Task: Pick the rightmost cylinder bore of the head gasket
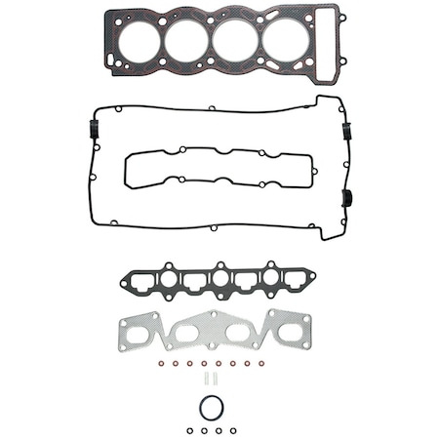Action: pos(285,42)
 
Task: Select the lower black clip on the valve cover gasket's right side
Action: pos(344,200)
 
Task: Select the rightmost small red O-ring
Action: pos(263,364)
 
